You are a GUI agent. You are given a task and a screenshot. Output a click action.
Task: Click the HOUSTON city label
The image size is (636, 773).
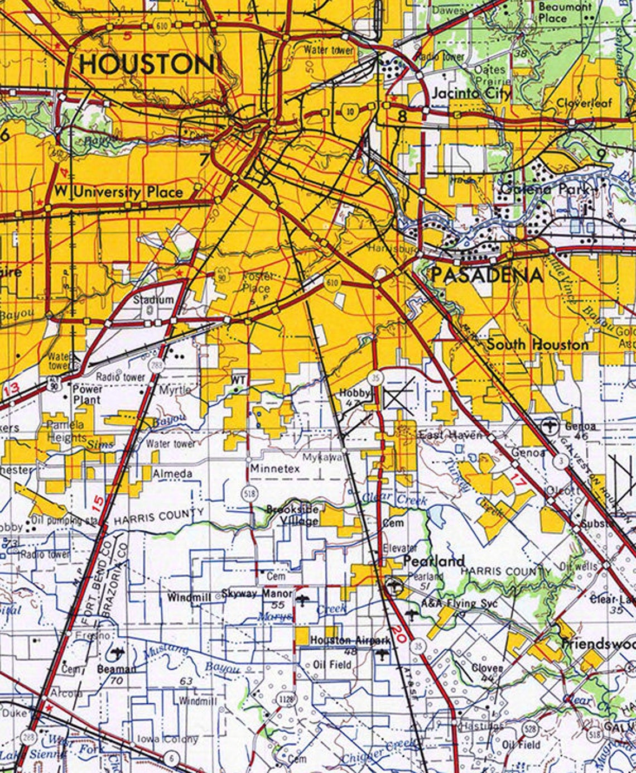pyautogui.click(x=146, y=65)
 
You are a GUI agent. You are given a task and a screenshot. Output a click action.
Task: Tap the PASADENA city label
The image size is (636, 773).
pyautogui.click(x=486, y=276)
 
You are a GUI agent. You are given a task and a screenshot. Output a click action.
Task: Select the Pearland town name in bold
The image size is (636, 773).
pyautogui.click(x=433, y=561)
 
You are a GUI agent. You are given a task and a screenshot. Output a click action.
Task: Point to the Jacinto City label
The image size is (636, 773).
pyautogui.click(x=471, y=94)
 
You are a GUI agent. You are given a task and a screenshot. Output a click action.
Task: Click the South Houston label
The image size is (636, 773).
pyautogui.click(x=537, y=344)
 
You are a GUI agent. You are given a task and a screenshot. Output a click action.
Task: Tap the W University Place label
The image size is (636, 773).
pyautogui.click(x=118, y=193)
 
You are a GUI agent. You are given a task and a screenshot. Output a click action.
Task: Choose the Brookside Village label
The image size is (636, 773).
pyautogui.click(x=292, y=515)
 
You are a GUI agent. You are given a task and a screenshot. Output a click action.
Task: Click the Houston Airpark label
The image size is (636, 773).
pyautogui.click(x=350, y=640)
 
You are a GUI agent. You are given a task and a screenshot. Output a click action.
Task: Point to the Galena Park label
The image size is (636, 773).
pyautogui.click(x=545, y=189)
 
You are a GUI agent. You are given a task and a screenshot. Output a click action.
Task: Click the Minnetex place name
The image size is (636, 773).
pyautogui.click(x=275, y=468)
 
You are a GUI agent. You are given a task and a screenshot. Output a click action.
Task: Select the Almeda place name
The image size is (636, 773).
pyautogui.click(x=172, y=474)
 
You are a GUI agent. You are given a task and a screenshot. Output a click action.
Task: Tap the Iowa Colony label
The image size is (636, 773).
pyautogui.click(x=167, y=739)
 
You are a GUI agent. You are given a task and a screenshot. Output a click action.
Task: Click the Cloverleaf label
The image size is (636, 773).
pyautogui.click(x=584, y=103)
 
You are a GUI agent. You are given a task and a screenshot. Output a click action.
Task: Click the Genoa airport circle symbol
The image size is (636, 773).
pyautogui.click(x=551, y=426)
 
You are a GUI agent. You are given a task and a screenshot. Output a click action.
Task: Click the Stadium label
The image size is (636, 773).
pyautogui.click(x=153, y=300)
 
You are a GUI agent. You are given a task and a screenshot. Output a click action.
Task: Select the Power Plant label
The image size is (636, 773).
pyautogui.click(x=87, y=394)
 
